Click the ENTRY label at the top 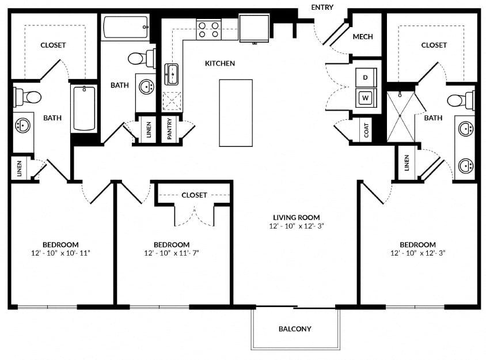tap(322, 7)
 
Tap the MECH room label tap(363, 37)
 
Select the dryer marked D tap(366, 77)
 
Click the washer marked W tap(366, 98)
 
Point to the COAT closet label tap(366, 130)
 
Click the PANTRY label tap(169, 128)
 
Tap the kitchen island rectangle tap(236, 113)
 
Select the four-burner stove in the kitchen tap(208, 30)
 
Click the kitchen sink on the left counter tap(171, 74)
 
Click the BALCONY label tap(295, 329)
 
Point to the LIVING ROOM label tap(297, 217)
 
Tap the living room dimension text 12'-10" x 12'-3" tap(297, 226)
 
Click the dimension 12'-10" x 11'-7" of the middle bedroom tap(172, 253)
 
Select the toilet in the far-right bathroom tap(461, 100)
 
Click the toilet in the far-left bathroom tap(27, 97)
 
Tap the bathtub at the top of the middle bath tap(126, 27)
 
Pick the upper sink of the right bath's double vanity tap(466, 128)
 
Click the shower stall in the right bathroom tap(400, 116)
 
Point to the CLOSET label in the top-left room tap(53, 46)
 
